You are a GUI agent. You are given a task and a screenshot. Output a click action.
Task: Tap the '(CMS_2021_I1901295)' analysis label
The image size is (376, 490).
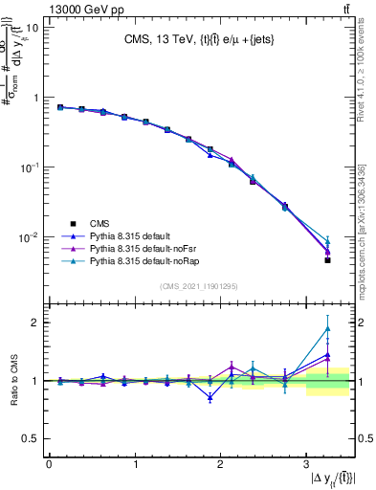[200, 286]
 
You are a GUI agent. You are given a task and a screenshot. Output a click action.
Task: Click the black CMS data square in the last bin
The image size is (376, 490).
[327, 259]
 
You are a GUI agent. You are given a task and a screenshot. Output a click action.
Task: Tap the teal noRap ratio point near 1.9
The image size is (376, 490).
[327, 329]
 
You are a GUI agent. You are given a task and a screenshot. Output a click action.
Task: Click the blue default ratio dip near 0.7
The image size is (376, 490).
[210, 397]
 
